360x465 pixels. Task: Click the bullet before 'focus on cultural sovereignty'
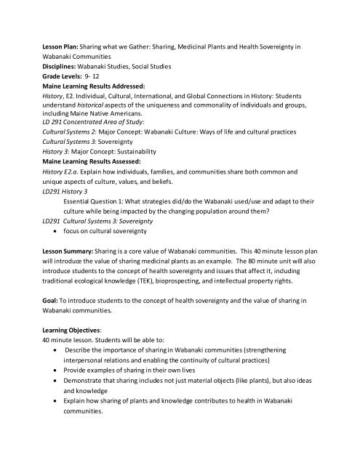pos(56,230)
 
